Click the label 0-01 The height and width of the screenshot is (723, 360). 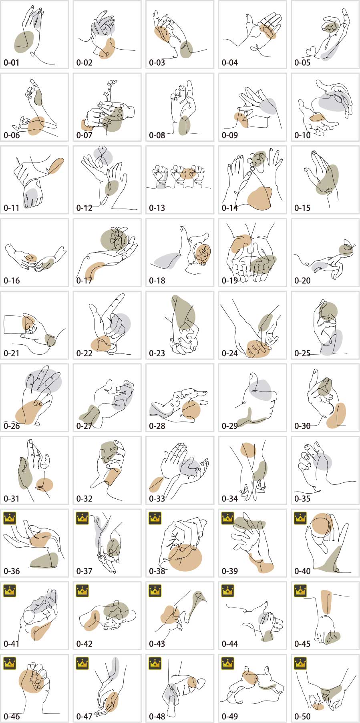pyautogui.click(x=12, y=62)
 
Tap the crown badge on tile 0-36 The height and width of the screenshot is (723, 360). pyautogui.click(x=9, y=518)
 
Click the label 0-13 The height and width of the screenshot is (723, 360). pyautogui.click(x=157, y=208)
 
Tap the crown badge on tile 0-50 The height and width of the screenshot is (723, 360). pyautogui.click(x=300, y=663)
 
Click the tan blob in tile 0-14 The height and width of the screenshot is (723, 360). pyautogui.click(x=259, y=198)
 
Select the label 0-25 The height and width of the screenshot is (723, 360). pyautogui.click(x=302, y=353)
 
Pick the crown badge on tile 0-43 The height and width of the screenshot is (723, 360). pyautogui.click(x=155, y=590)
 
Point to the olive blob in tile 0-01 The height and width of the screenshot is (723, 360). pyautogui.click(x=24, y=42)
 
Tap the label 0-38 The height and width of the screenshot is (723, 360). pyautogui.click(x=157, y=571)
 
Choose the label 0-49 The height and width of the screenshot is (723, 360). pyautogui.click(x=230, y=716)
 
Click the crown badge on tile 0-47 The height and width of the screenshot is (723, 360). pyautogui.click(x=82, y=663)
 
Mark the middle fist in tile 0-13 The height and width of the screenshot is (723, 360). pyautogui.click(x=178, y=174)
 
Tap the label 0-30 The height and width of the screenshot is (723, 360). pyautogui.click(x=302, y=426)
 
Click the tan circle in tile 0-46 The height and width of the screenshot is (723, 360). pyautogui.click(x=32, y=681)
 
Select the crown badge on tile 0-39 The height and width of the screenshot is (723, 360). pyautogui.click(x=227, y=518)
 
